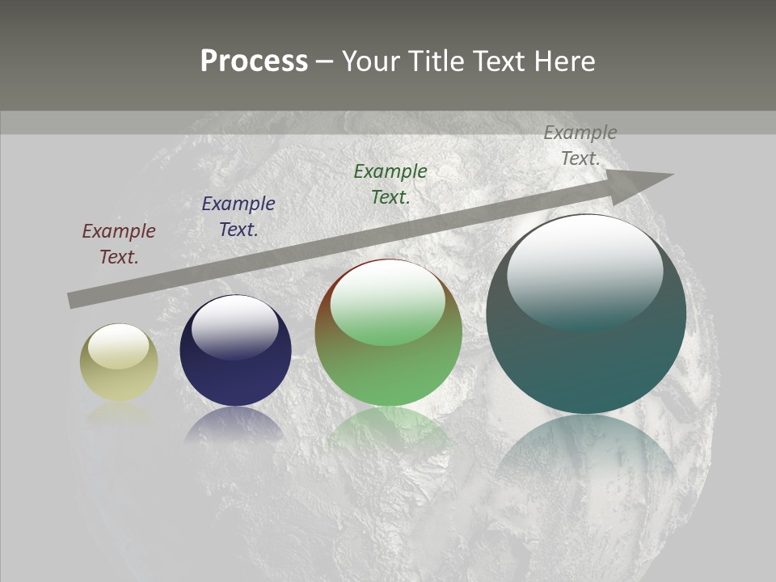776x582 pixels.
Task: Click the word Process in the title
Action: coord(254,61)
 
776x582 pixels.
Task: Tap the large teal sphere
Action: coord(586,356)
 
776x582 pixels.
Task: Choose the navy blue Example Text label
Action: coord(238,217)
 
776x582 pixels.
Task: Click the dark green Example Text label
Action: coord(390,184)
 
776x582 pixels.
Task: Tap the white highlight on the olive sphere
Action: coord(119,346)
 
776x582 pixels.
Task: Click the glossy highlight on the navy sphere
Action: coord(235,326)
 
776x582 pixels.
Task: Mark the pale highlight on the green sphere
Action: coord(388,302)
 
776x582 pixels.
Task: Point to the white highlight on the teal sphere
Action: coord(585,271)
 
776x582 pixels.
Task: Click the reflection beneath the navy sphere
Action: coord(235,424)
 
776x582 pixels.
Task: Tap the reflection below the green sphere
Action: coord(388,428)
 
